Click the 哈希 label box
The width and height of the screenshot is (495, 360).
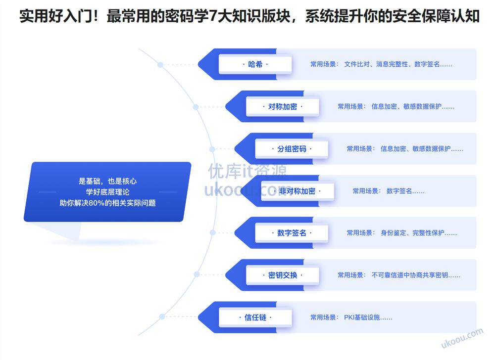point(255,64)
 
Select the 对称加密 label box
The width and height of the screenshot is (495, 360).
point(282,106)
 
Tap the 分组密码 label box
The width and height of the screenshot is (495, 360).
point(292,149)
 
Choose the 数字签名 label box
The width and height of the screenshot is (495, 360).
point(292,233)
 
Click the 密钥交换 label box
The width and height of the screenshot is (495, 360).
point(282,275)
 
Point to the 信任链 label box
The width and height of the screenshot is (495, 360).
point(255,317)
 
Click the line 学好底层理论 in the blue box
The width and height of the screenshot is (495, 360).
point(107,192)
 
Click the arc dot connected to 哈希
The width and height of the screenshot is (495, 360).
point(160,65)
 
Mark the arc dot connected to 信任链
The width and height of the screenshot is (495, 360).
point(160,317)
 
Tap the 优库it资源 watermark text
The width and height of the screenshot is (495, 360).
point(247,172)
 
